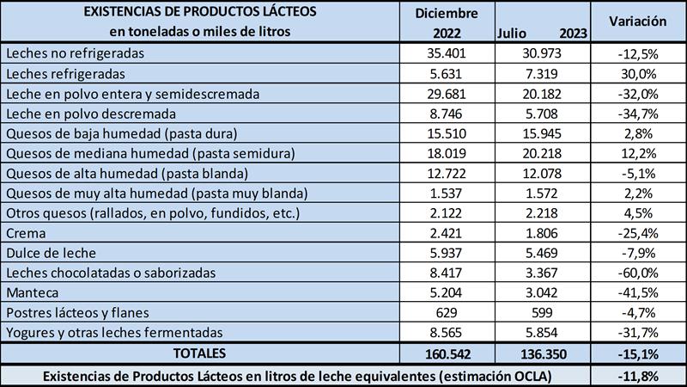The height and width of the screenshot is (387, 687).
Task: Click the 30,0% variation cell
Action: coord(637,73)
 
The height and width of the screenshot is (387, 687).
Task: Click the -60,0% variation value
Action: coord(637,272)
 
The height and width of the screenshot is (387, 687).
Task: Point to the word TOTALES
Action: coord(199,353)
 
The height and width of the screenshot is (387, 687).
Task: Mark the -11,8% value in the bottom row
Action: coord(637,375)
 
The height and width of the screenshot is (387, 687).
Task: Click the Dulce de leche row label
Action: coord(51,252)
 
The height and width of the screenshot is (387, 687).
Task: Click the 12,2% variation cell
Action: coord(637,153)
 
